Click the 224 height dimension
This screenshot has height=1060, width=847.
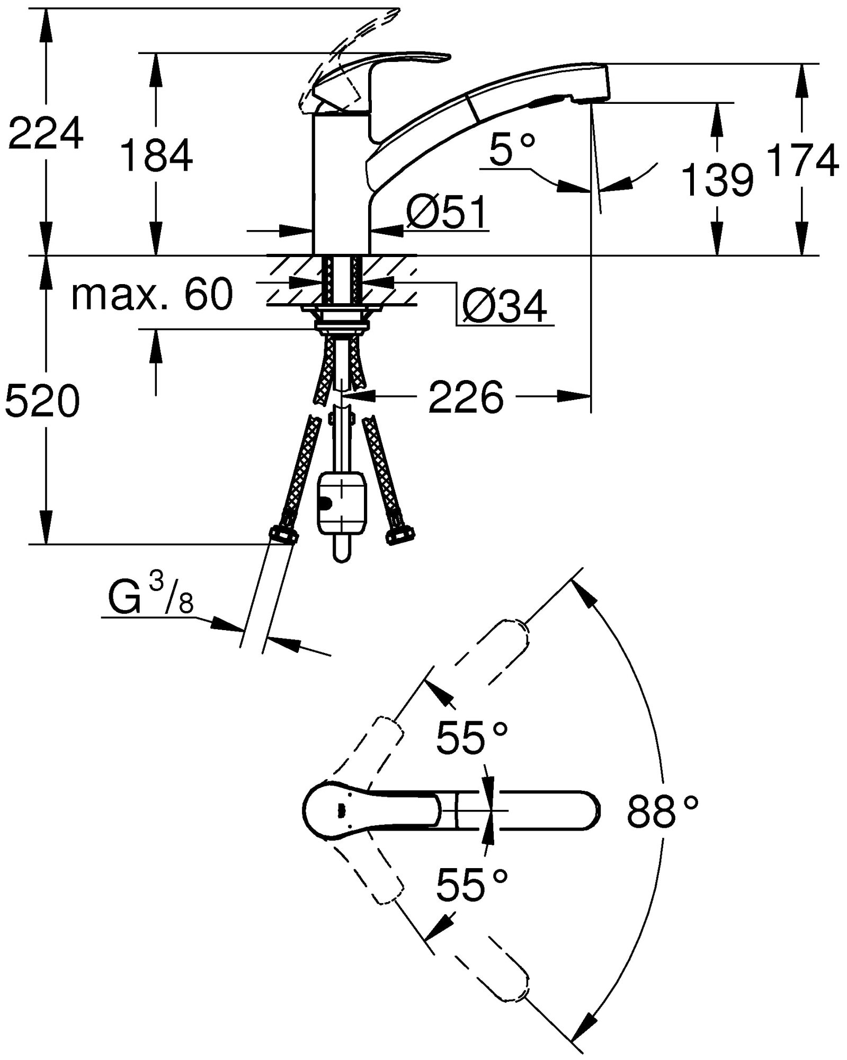click(x=46, y=134)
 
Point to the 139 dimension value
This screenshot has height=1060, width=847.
click(x=717, y=180)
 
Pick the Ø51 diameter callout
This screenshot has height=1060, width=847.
click(x=446, y=213)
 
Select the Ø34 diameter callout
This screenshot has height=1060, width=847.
click(x=504, y=306)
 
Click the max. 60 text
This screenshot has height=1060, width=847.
click(x=152, y=295)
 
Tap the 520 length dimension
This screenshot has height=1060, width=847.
click(x=42, y=401)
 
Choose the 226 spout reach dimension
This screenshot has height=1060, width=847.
click(x=466, y=397)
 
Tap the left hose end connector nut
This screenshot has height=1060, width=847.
click(x=283, y=534)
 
